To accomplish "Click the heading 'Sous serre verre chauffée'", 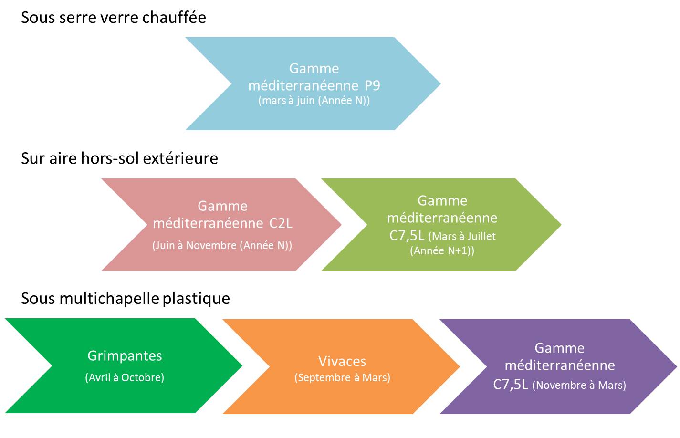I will coord(114,18).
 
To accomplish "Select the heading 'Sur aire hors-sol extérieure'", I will coord(119,158).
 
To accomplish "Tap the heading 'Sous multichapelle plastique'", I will coord(126,299).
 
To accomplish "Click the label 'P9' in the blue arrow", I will coord(372,86).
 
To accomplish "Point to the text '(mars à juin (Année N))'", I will coord(314,101).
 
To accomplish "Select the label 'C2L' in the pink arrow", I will coord(281,223).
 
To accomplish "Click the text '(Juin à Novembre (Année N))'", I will coord(222,246).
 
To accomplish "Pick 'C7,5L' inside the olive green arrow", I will coord(407,236).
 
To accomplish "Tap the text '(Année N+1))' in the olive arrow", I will coord(442,251).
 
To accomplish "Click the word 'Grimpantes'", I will coord(125,356).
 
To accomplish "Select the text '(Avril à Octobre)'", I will coord(125,377).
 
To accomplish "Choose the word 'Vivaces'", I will coord(342,361).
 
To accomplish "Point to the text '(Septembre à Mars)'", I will coord(342,377).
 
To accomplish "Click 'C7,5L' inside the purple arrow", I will coord(511,385).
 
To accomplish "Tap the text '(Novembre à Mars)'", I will coord(579,385).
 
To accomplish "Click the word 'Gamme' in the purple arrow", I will coord(559,348).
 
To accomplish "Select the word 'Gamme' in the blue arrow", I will coord(314,69).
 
